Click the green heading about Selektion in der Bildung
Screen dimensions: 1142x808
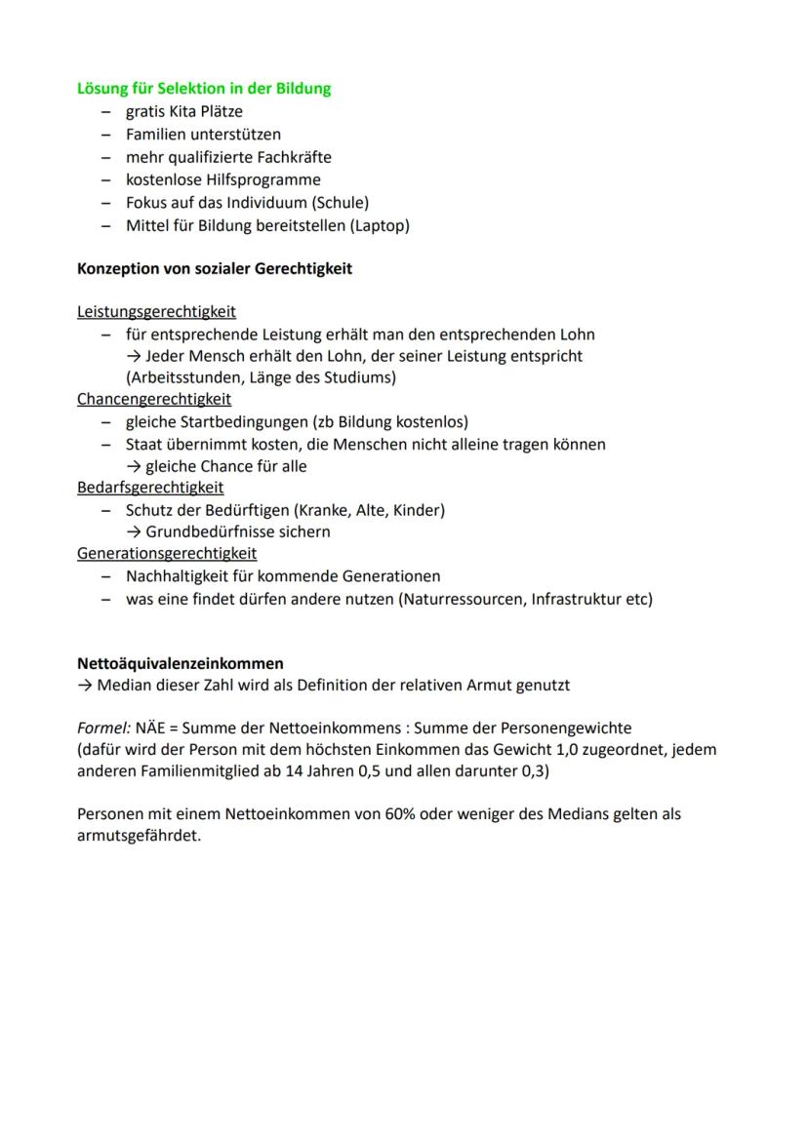[204, 89]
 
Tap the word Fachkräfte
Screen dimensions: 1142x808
[293, 157]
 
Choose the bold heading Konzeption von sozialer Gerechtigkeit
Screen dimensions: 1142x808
[214, 268]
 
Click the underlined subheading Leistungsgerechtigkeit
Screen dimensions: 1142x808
[156, 312]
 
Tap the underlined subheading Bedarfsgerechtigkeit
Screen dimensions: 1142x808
[150, 488]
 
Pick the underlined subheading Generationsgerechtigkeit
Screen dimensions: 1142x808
[167, 554]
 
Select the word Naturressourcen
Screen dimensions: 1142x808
[461, 599]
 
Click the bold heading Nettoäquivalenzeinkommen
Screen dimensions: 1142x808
[181, 663]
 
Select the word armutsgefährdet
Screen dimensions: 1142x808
[138, 837]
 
